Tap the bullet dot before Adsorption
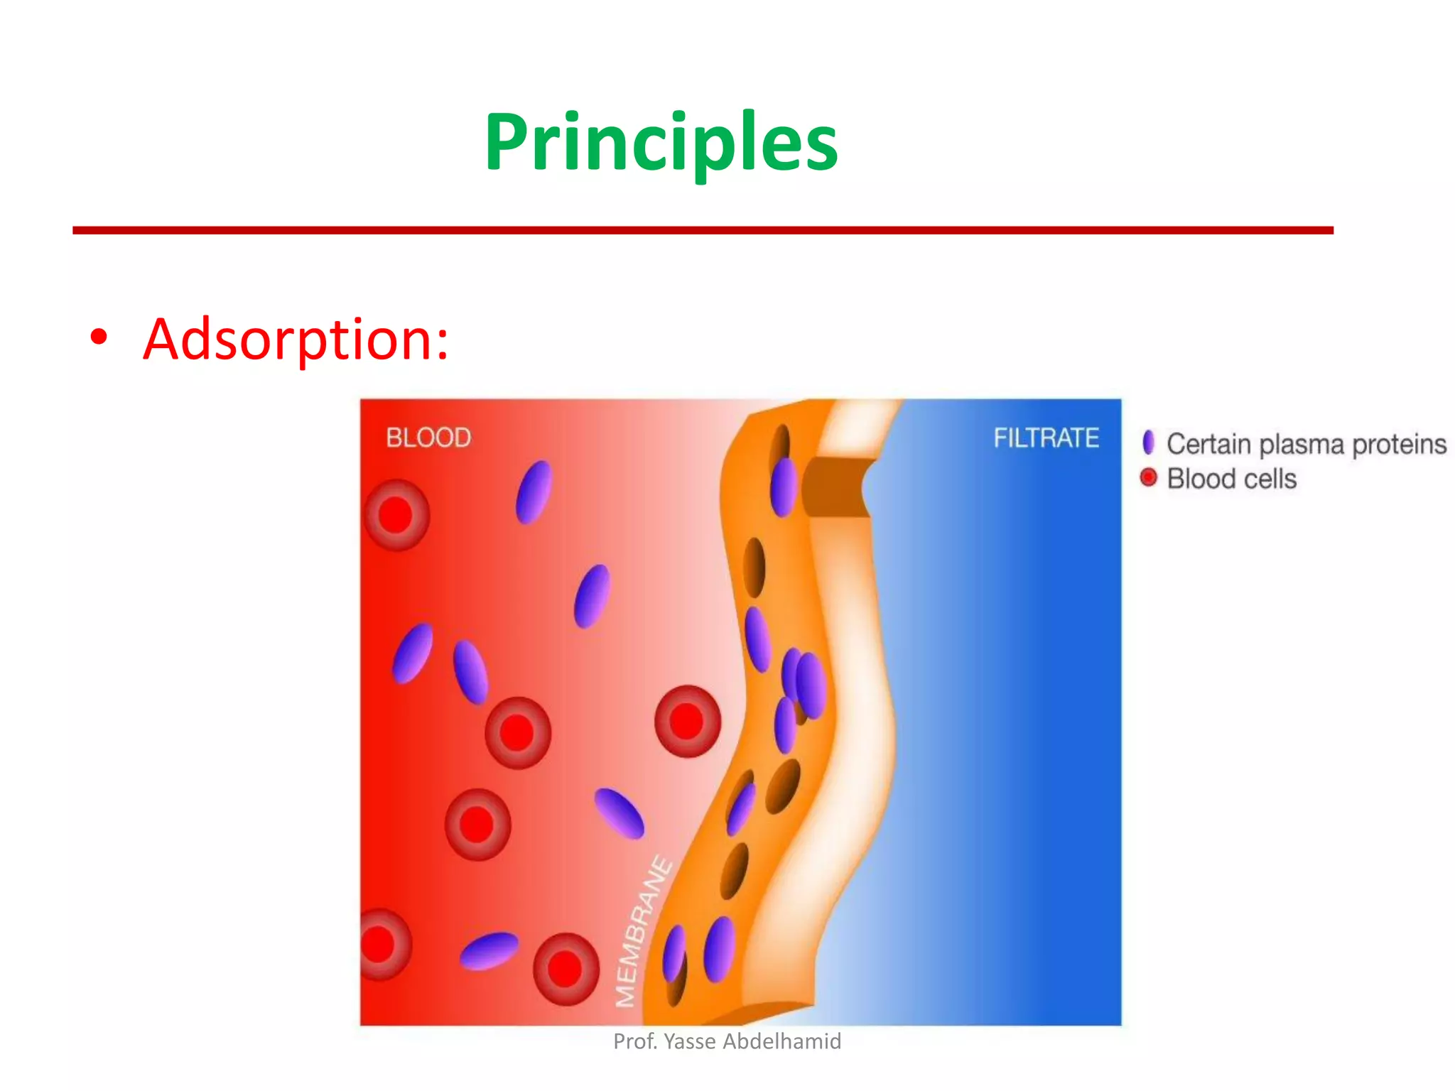pos(99,338)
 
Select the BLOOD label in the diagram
pos(428,438)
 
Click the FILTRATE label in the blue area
pos(1046,438)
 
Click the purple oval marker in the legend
pos(1148,443)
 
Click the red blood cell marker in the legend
pos(1148,477)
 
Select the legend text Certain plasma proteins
pos(1306,444)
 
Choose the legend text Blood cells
pos(1231,479)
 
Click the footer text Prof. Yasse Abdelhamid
pos(727,1041)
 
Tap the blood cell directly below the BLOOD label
pos(396,515)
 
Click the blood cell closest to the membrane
pos(687,722)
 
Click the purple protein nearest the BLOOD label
pos(534,492)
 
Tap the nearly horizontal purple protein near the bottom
pos(489,950)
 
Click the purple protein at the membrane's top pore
pos(784,487)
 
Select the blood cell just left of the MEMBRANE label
pos(566,969)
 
